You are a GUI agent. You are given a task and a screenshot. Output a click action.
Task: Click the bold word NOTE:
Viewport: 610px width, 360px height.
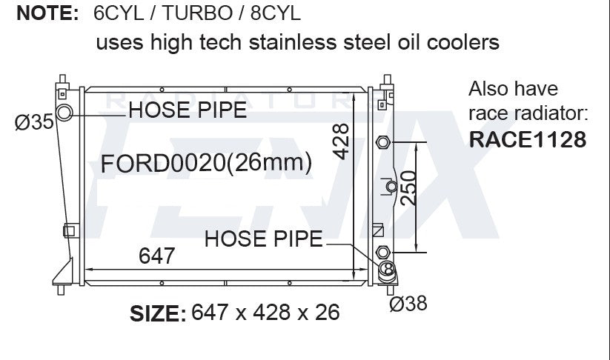pos(48,13)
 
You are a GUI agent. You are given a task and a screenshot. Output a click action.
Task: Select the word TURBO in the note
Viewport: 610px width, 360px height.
pos(197,13)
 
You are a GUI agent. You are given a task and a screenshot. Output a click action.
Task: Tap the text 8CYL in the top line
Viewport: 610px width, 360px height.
pos(276,13)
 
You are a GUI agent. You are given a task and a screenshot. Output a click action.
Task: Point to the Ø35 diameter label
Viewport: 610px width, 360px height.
pos(34,122)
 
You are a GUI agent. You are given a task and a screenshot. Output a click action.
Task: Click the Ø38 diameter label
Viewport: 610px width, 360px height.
pos(408,303)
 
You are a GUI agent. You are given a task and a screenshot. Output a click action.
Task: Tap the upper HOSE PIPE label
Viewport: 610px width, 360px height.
pos(188,110)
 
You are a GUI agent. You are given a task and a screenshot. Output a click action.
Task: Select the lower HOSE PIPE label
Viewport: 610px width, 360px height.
pos(263,239)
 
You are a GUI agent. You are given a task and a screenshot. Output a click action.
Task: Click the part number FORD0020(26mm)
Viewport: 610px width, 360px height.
pos(206,163)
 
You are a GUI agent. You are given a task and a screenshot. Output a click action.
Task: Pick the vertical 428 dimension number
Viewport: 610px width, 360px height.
pos(341,141)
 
